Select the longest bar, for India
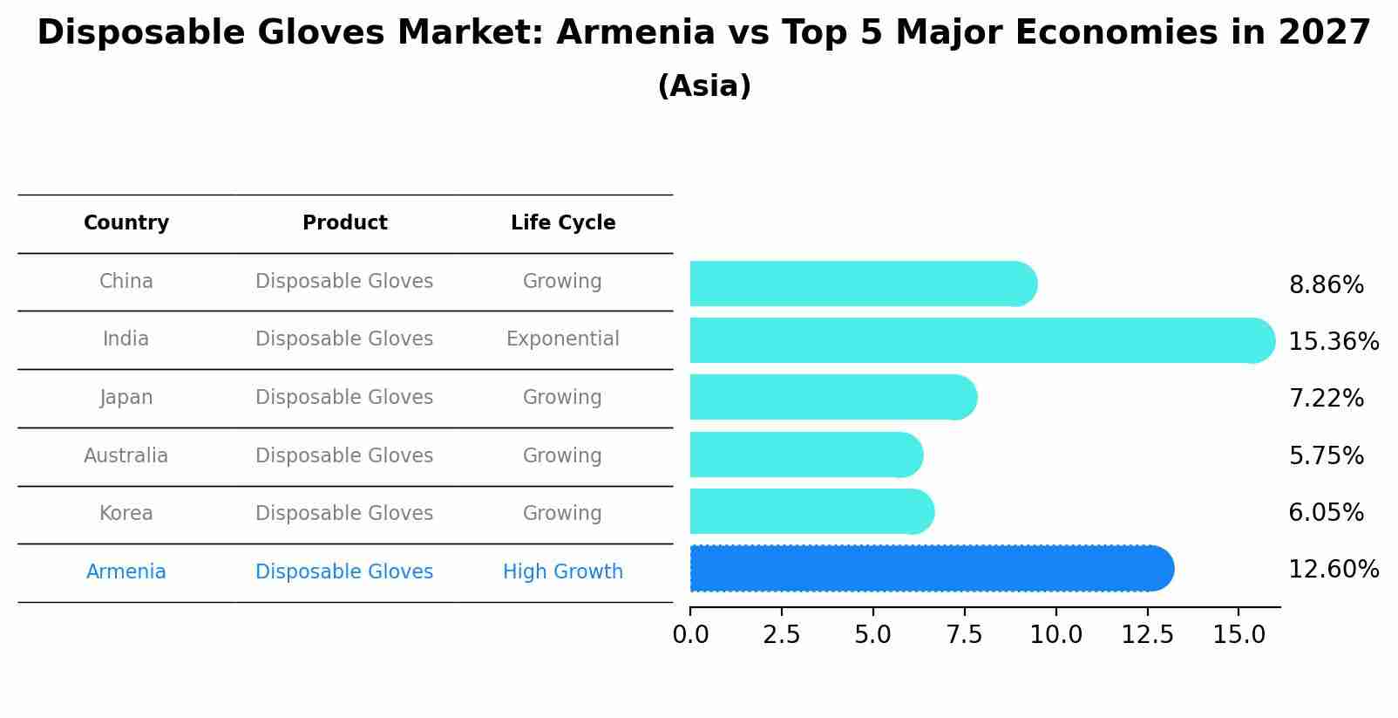pyautogui.click(x=981, y=340)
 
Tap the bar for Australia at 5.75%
pyautogui.click(x=804, y=455)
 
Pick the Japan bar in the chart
pyautogui.click(x=832, y=397)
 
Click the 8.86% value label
pyautogui.click(x=1326, y=285)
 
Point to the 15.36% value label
pyautogui.click(x=1333, y=342)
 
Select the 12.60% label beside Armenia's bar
pyautogui.click(x=1333, y=570)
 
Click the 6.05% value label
pyautogui.click(x=1326, y=513)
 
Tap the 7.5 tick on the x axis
pyautogui.click(x=964, y=635)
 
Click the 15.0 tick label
pyautogui.click(x=1239, y=635)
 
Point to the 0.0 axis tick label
pyautogui.click(x=690, y=635)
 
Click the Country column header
pyautogui.click(x=126, y=223)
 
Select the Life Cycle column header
pyautogui.click(x=563, y=223)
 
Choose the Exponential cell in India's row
pyautogui.click(x=563, y=339)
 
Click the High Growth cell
pyautogui.click(x=563, y=572)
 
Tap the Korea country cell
pyautogui.click(x=126, y=514)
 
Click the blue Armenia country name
pyautogui.click(x=126, y=572)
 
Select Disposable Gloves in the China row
pyautogui.click(x=344, y=282)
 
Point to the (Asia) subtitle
pyautogui.click(x=704, y=86)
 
